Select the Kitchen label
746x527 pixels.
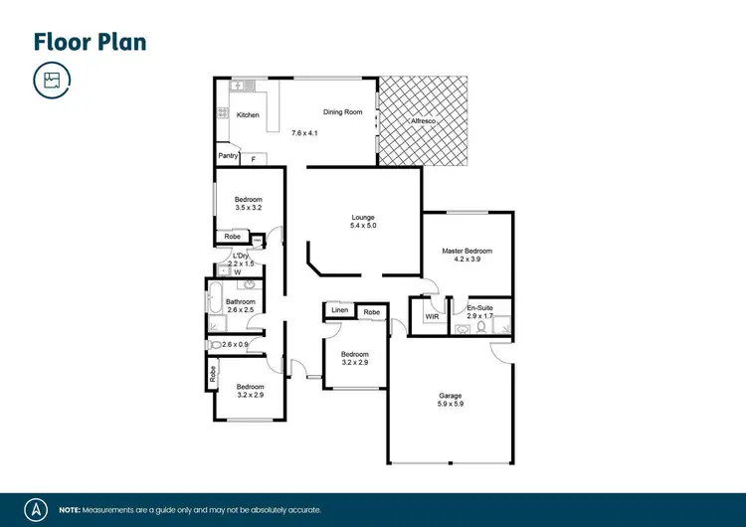(248, 115)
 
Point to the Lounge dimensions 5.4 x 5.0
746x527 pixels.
(363, 226)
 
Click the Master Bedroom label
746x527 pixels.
(467, 251)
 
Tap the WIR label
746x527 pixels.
(433, 316)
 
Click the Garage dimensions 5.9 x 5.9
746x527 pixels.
(452, 405)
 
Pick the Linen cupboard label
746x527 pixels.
(339, 312)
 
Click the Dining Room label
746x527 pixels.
(342, 112)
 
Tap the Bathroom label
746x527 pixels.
(241, 301)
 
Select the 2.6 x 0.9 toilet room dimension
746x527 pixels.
(237, 344)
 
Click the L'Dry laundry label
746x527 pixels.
(240, 256)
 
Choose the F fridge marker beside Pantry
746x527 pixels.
(253, 159)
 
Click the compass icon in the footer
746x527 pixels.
(37, 508)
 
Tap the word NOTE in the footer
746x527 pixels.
(71, 509)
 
